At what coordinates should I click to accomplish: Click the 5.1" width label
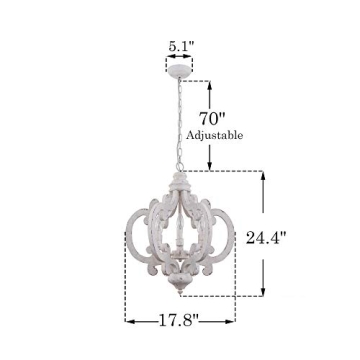tap(180, 46)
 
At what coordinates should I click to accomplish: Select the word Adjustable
tap(214, 135)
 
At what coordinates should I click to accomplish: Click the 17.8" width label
tap(180, 320)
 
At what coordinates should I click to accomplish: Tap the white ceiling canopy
tap(180, 73)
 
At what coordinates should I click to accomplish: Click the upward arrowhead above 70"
tap(209, 86)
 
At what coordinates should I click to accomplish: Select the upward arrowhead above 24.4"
tap(264, 176)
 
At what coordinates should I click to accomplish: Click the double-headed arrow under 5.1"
tap(180, 60)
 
